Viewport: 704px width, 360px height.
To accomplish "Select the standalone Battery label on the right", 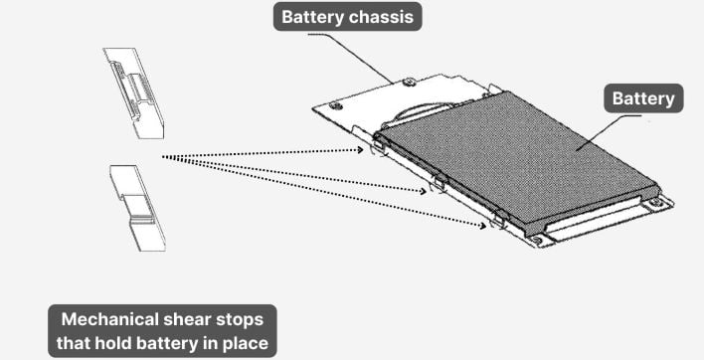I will pyautogui.click(x=642, y=98).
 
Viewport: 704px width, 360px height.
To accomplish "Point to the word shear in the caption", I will pyautogui.click(x=190, y=320).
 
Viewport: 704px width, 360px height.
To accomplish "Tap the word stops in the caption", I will pyautogui.click(x=241, y=320).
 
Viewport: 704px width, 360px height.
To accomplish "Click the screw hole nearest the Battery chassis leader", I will pyautogui.click(x=410, y=82).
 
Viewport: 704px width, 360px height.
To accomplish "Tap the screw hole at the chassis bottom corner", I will pyautogui.click(x=538, y=239).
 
